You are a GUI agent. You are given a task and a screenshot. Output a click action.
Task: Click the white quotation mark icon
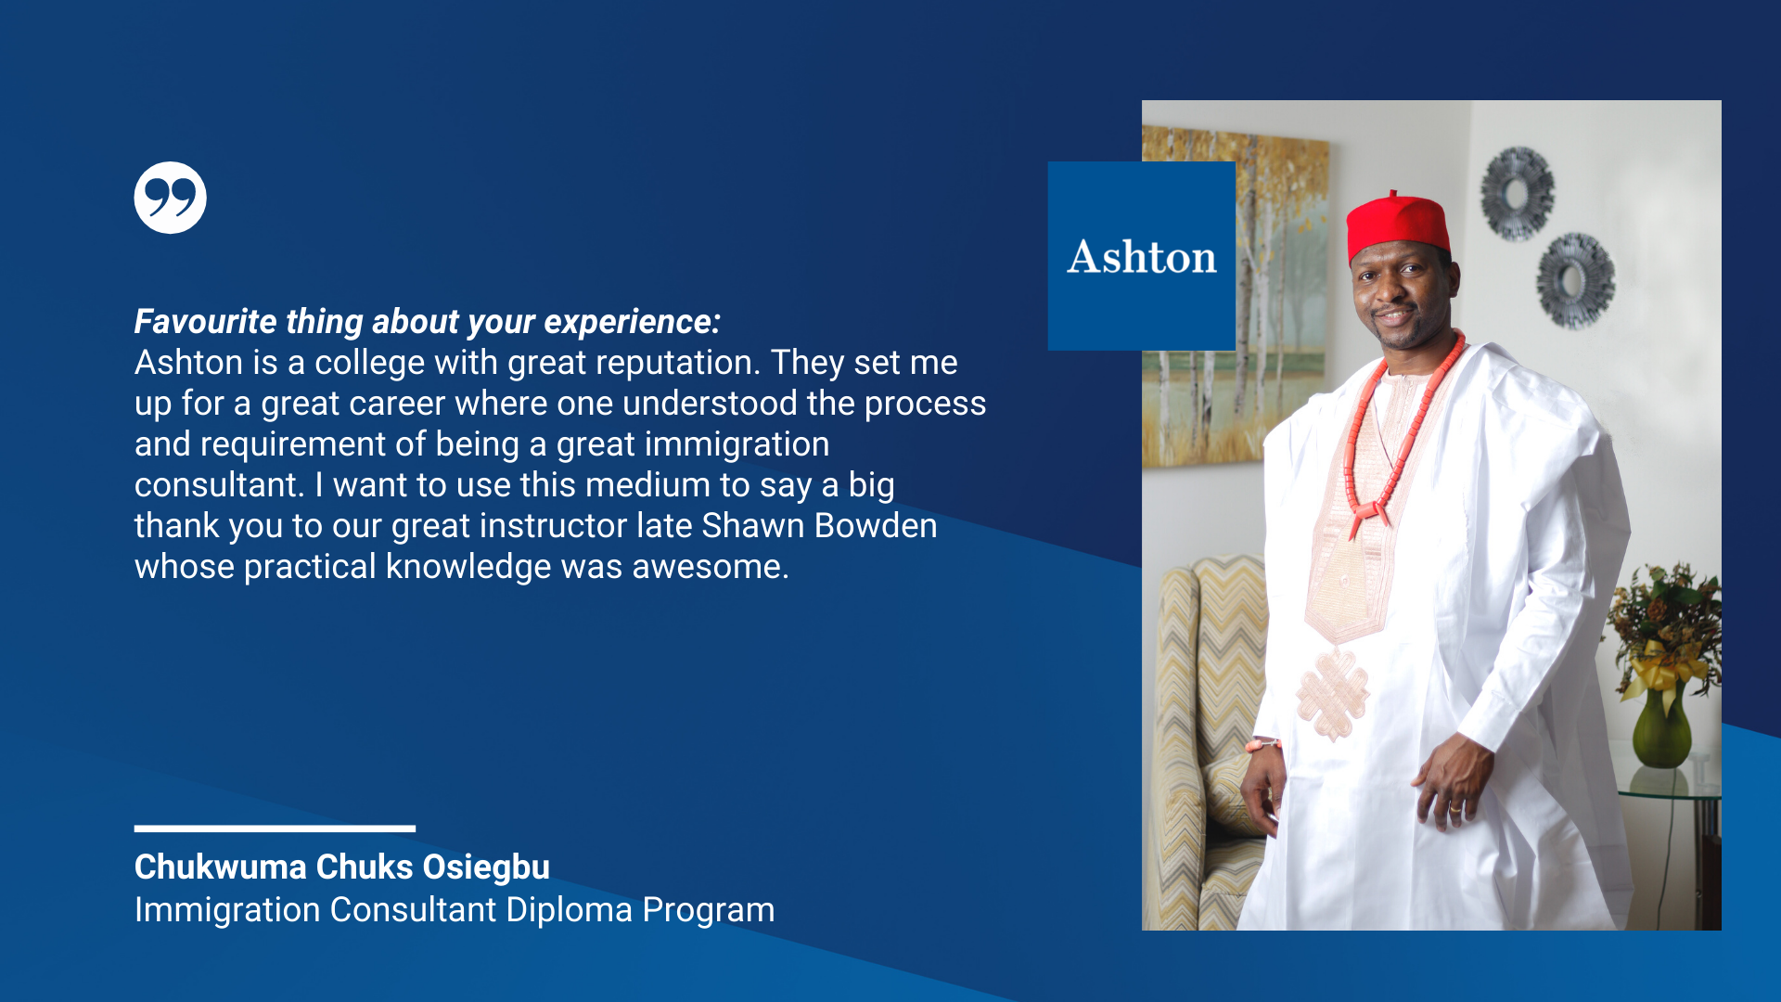tap(170, 198)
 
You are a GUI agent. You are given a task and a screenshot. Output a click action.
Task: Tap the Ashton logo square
tap(1142, 256)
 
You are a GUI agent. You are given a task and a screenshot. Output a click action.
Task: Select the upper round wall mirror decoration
tap(1517, 193)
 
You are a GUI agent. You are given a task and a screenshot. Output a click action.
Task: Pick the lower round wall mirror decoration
tap(1575, 280)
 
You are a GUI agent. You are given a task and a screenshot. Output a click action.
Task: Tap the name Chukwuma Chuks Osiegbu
tap(342, 867)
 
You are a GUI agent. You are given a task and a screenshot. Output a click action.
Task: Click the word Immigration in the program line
tap(227, 910)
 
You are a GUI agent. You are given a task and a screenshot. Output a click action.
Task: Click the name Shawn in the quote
tap(752, 526)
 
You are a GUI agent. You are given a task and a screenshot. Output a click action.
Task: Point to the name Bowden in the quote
tap(876, 526)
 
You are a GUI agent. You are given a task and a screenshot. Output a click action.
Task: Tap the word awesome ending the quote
tap(711, 567)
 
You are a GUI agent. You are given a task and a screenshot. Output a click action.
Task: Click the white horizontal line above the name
tap(275, 829)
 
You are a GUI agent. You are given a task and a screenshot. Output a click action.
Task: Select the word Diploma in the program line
tap(570, 910)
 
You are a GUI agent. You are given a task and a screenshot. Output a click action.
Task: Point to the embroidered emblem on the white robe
tap(1334, 694)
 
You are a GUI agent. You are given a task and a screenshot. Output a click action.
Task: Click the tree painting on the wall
tap(1234, 297)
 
